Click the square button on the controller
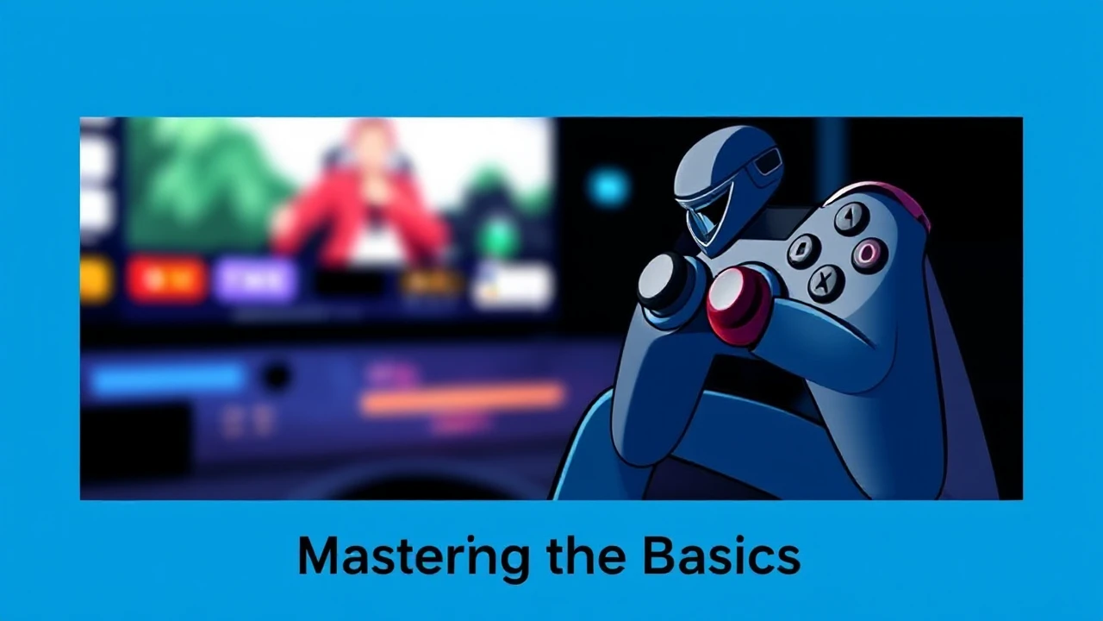(804, 250)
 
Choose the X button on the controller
(826, 281)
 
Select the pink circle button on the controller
(867, 253)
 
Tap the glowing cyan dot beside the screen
(609, 188)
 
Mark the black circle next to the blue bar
(276, 377)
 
